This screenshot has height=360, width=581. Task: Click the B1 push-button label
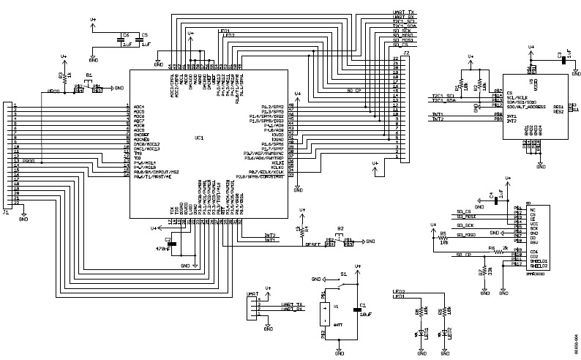coord(89,75)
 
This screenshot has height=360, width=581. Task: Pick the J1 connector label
coord(7,213)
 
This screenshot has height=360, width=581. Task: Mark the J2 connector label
coord(406,54)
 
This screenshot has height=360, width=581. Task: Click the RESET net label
coord(315,245)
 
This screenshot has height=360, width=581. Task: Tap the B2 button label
coord(340,228)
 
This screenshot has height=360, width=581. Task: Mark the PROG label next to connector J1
coord(29,160)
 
